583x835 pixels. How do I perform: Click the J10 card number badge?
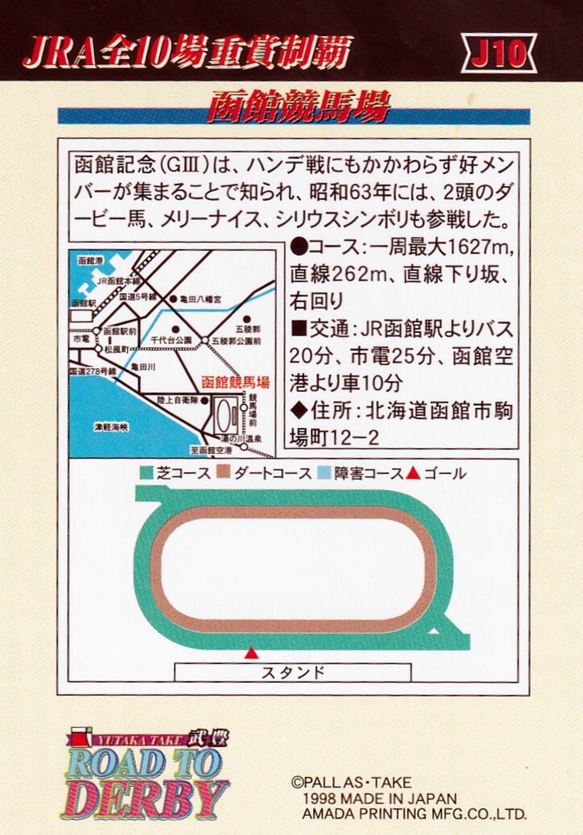pyautogui.click(x=499, y=53)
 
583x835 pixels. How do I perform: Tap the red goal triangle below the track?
pyautogui.click(x=251, y=654)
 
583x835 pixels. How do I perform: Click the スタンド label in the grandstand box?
pyautogui.click(x=293, y=672)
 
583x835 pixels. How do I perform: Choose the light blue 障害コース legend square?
pyautogui.click(x=324, y=473)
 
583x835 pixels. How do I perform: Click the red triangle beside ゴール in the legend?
pyautogui.click(x=413, y=473)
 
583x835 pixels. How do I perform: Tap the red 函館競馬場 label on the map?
pyautogui.click(x=235, y=382)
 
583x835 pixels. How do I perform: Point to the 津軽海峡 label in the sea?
pyautogui.click(x=111, y=427)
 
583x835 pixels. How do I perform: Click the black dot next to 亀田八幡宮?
pyautogui.click(x=173, y=299)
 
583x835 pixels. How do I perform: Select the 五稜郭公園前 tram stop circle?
pyautogui.click(x=205, y=340)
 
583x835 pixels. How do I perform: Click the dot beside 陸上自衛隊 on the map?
pyautogui.click(x=205, y=400)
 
